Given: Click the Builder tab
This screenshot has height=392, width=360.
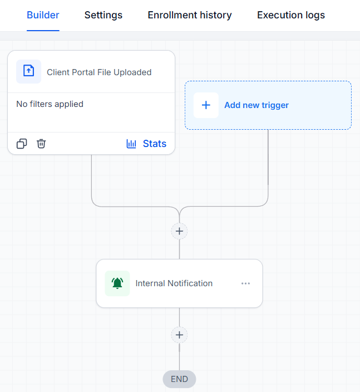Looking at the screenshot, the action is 43,15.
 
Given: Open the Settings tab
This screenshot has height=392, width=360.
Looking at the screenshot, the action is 103,15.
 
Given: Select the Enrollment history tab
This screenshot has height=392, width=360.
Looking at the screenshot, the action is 190,15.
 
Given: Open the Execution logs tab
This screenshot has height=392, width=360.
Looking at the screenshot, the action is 291,15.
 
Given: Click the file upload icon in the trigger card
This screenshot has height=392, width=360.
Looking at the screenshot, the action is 29,71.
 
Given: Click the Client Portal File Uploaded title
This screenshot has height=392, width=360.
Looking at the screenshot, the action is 99,72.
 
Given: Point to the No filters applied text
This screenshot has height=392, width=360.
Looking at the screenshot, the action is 50,104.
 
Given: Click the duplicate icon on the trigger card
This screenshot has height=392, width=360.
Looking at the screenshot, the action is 22,144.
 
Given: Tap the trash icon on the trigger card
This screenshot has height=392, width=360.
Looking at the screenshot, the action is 41,144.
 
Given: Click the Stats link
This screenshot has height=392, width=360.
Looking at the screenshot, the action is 154,144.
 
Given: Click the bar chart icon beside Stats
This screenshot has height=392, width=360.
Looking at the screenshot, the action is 131,144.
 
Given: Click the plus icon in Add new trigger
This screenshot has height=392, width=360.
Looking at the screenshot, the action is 206,105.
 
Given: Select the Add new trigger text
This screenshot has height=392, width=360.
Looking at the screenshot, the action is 257,105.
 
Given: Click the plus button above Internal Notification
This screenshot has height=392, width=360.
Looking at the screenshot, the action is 179,231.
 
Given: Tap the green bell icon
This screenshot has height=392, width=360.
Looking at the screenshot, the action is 117,283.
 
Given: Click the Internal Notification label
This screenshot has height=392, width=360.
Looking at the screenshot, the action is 174,283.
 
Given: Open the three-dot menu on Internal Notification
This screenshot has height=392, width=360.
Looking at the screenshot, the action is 245,283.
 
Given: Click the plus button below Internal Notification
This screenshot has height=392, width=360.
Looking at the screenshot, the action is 179,335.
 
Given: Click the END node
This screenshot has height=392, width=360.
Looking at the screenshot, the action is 179,379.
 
